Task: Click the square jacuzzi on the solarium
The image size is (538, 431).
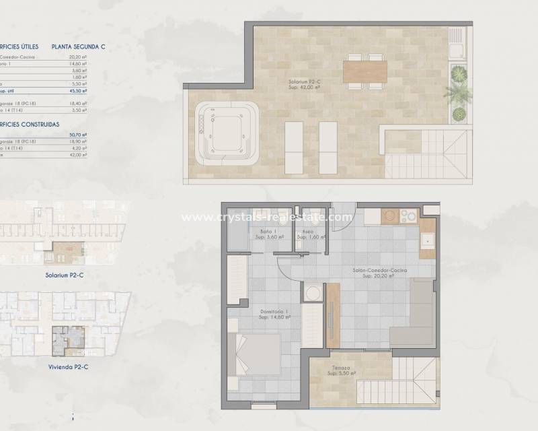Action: (x=228, y=133)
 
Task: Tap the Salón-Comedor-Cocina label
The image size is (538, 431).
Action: (x=377, y=271)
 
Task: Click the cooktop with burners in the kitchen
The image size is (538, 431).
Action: (x=408, y=216)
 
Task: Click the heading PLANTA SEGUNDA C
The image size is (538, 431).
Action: (x=79, y=47)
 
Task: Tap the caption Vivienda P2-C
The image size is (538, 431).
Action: (x=69, y=367)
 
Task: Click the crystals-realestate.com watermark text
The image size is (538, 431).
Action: (x=267, y=218)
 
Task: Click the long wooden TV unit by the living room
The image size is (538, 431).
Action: (x=333, y=315)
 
